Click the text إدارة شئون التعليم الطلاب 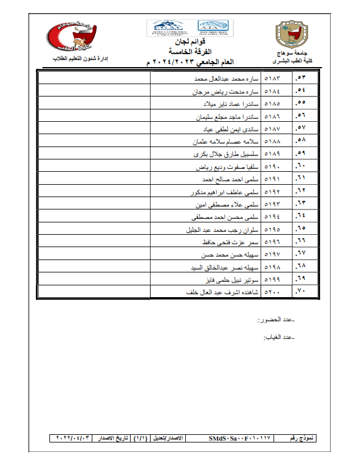coord(83,60)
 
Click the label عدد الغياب coord(278,338)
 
